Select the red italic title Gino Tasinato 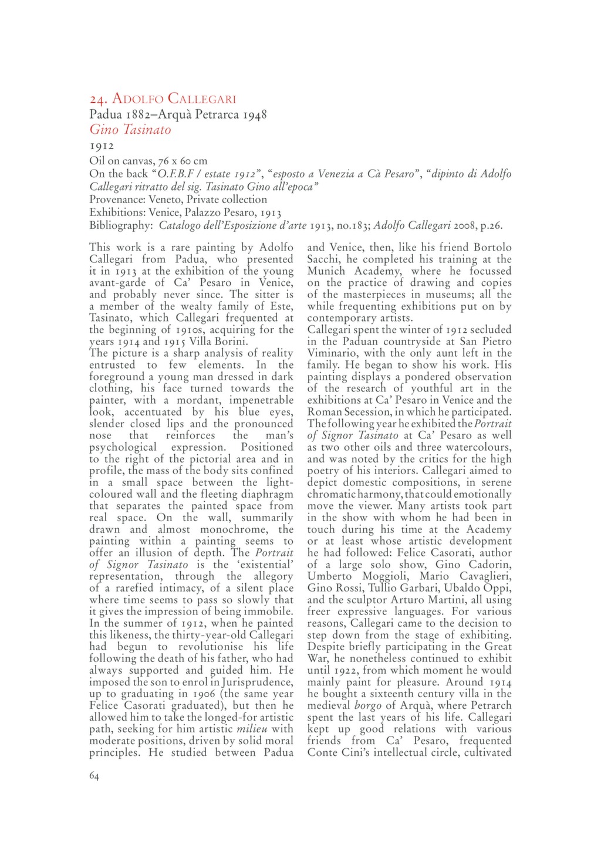(x=130, y=130)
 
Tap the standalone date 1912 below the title (x=102, y=146)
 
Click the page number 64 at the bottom (x=94, y=776)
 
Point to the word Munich (x=326, y=271)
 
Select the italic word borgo (x=367, y=705)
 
